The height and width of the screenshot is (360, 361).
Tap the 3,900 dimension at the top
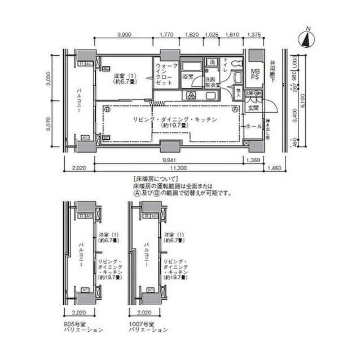[124, 34]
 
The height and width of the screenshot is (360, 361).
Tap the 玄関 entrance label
[253, 108]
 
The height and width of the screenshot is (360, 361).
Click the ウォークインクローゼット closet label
[166, 74]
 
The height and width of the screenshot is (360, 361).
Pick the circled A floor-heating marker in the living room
[234, 110]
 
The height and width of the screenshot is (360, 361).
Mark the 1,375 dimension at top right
[254, 34]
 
